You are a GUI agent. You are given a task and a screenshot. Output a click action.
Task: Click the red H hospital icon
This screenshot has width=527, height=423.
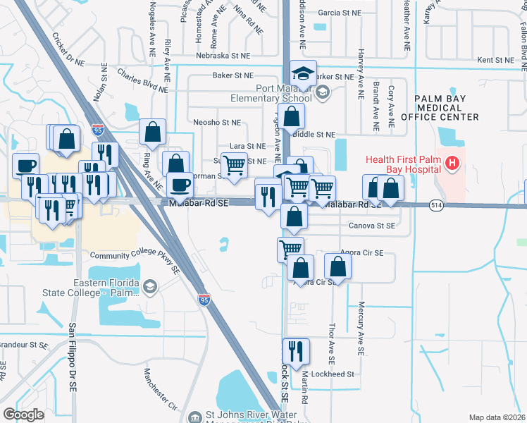pyautogui.click(x=451, y=164)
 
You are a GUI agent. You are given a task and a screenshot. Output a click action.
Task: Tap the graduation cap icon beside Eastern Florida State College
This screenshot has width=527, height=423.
pyautogui.click(x=149, y=287)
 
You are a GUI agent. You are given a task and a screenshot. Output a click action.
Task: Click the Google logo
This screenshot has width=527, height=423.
pyautogui.click(x=23, y=414)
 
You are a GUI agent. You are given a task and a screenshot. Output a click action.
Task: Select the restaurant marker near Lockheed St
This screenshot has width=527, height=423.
pyautogui.click(x=295, y=352)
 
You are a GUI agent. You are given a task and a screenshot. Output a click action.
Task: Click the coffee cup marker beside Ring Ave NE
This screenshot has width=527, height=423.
pyautogui.click(x=180, y=185)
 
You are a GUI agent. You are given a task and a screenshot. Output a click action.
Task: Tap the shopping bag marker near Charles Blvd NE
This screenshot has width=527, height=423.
pyautogui.click(x=152, y=132)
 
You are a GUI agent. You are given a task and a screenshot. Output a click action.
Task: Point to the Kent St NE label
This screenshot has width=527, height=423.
pyautogui.click(x=497, y=61)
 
